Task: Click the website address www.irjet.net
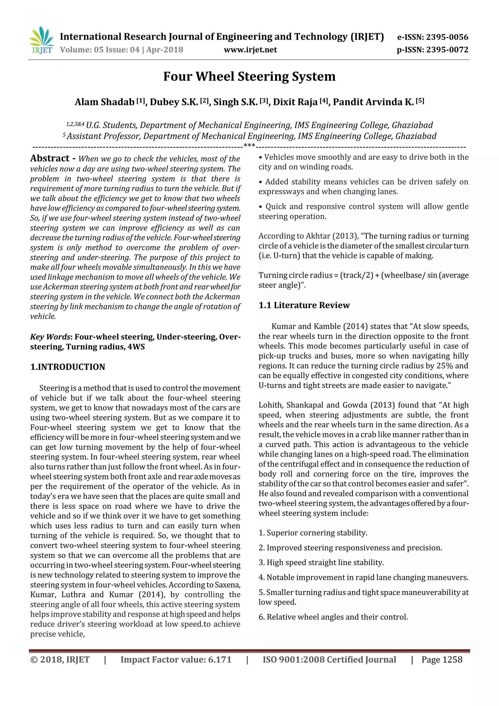pos(250,50)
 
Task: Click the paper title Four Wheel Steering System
pos(249,76)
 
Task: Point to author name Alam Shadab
pos(105,102)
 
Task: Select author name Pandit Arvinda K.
pos(373,102)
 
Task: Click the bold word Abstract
pos(50,158)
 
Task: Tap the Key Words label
pos(50,337)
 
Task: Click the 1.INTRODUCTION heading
pos(67,367)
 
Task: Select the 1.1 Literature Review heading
pos(304,305)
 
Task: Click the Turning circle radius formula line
pos(363,275)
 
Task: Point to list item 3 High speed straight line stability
pos(321,562)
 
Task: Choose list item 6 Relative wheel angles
pos(333,617)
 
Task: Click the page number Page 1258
pos(441,660)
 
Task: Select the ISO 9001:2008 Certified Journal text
pos(329,660)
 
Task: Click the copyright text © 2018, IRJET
pos(60,660)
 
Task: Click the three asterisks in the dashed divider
pos(249,146)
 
